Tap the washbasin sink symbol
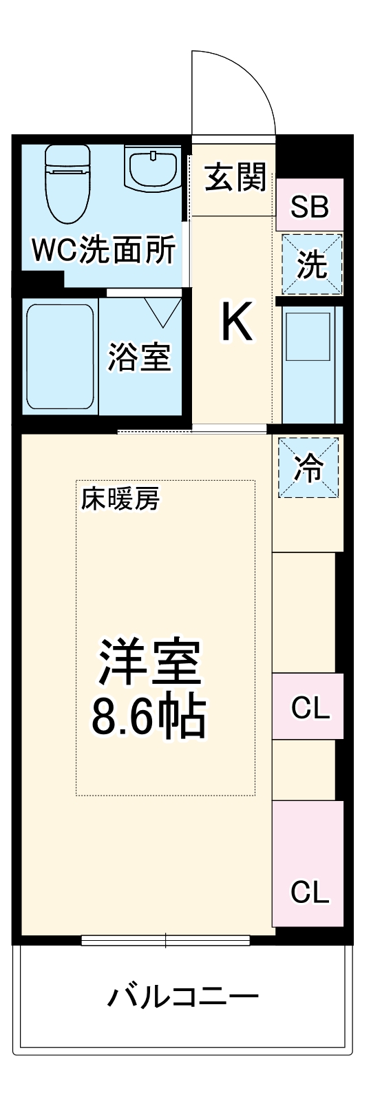[153, 169]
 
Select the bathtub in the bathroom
[60, 357]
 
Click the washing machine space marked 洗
[312, 264]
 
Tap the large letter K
[236, 322]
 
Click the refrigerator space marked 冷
[308, 468]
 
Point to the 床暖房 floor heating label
[120, 499]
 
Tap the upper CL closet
[309, 707]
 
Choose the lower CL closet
[309, 892]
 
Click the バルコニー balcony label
[183, 996]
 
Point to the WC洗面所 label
[103, 251]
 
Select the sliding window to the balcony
[165, 939]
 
